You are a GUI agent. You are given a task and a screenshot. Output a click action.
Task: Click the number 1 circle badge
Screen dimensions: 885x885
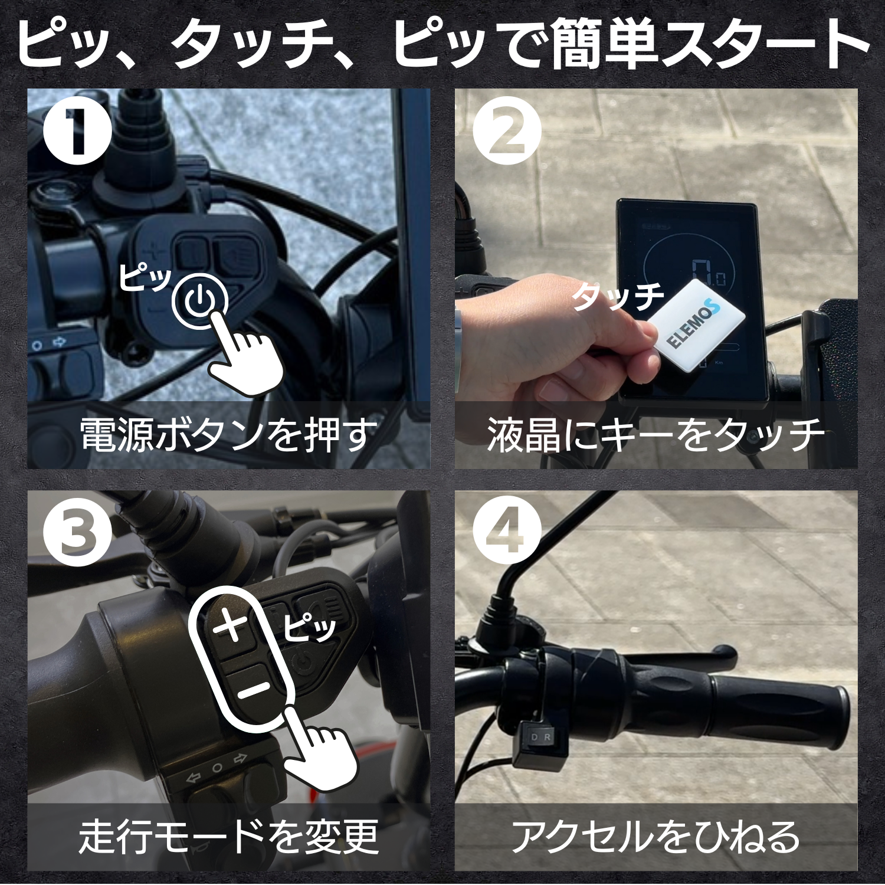77,130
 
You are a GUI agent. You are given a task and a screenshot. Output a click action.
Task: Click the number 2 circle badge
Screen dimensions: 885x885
507,130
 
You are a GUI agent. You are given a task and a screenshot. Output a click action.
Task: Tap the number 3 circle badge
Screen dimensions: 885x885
77,532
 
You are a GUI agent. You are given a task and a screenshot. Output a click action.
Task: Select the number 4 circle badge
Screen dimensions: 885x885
507,532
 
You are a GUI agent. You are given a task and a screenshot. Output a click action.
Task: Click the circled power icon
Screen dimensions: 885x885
200,301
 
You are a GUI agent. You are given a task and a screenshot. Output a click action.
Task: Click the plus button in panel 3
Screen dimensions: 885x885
231,625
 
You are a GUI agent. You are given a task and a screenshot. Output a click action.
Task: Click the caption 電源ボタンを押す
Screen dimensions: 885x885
228,435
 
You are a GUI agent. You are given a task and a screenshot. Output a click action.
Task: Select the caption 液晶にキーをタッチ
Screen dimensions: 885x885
655,435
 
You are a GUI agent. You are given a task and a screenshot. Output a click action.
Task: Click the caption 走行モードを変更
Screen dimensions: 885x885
228,837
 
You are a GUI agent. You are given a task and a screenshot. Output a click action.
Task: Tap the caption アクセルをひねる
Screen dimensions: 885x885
655,837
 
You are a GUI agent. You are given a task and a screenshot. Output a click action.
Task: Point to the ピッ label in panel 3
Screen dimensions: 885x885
309,627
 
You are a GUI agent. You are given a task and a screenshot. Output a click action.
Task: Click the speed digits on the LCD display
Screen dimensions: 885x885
709,273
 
